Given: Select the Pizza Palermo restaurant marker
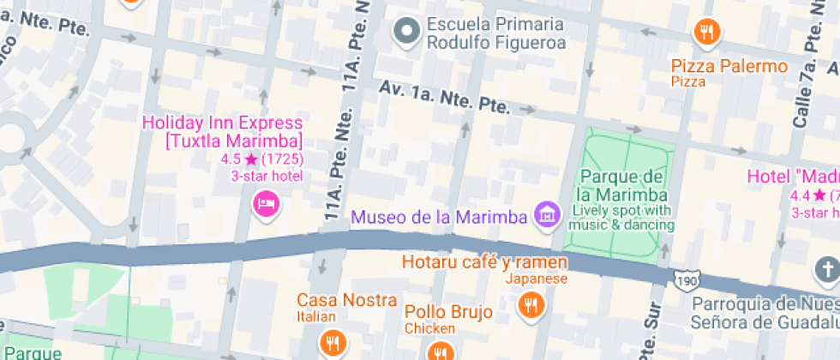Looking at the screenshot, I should (706, 33).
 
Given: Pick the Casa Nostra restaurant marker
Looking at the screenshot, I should (332, 343).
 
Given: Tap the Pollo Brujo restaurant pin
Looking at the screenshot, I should (441, 351).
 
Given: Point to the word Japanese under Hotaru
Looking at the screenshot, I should (536, 279).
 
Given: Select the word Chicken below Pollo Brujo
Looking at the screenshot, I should (429, 328).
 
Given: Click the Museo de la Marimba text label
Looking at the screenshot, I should (438, 217).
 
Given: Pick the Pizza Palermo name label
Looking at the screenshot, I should (729, 66).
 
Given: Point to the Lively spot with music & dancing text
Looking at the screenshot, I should (622, 218).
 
